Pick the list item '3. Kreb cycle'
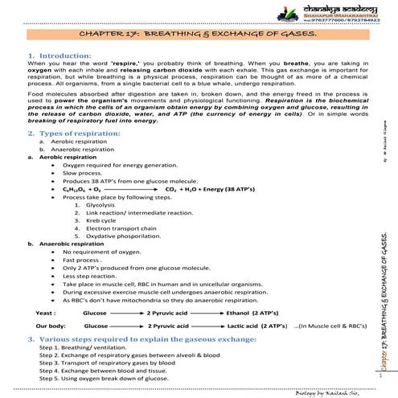tap(88, 220)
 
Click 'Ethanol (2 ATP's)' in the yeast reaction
tap(252, 310)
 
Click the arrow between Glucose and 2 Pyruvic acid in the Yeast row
tap(125, 310)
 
